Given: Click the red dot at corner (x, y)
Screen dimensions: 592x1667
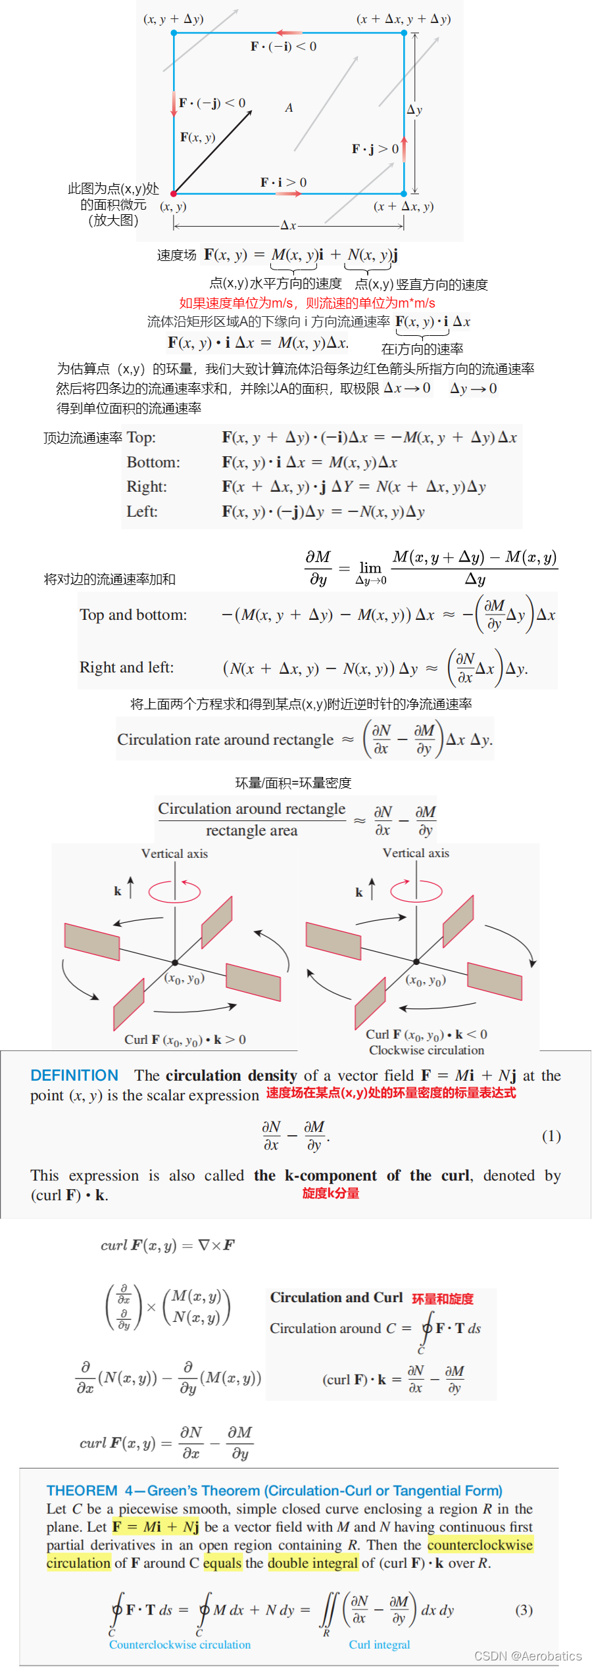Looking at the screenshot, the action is (x=174, y=194).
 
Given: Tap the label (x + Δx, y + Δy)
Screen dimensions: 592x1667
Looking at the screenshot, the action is (x=403, y=19).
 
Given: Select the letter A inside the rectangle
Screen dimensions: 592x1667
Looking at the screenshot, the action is (x=289, y=108).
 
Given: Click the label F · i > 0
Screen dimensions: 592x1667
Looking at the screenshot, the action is (x=284, y=182).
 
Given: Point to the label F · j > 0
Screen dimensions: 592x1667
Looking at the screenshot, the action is (x=375, y=149).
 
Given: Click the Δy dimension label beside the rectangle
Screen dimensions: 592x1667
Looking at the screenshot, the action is (x=414, y=110).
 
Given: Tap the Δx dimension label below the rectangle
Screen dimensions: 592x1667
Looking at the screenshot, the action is (x=288, y=225).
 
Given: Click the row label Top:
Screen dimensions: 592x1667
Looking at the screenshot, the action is (x=141, y=438).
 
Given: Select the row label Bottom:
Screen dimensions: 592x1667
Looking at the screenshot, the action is (x=153, y=463).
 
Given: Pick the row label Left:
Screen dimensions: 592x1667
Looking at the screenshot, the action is (x=142, y=511).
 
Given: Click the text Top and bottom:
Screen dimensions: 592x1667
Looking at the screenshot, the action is (x=134, y=615).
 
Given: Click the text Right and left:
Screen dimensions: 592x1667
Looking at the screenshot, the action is (x=127, y=668).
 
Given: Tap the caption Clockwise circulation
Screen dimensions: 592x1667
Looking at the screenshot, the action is (x=426, y=1050).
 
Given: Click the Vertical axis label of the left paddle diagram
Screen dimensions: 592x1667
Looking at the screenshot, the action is (x=174, y=854).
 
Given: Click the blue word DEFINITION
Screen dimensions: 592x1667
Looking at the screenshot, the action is (x=74, y=1075).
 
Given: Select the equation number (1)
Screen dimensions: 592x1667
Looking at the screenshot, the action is (x=551, y=1136).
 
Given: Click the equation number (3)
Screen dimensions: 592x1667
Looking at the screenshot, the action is (x=524, y=1610).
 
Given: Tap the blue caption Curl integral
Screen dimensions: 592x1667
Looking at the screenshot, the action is (x=380, y=1644).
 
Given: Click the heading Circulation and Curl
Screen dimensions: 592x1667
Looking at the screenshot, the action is (x=336, y=1298).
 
